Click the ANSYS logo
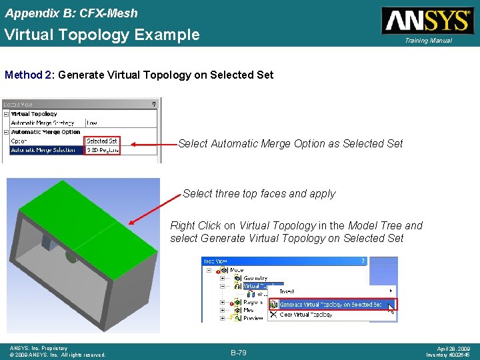point(426,20)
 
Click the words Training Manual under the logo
point(428,41)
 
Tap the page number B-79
point(239,352)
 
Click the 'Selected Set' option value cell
point(102,141)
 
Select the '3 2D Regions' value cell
point(102,150)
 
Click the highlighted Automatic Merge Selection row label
point(43,150)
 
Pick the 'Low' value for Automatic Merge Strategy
point(92,123)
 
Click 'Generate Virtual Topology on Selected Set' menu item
point(331,304)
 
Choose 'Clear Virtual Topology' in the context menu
point(306,314)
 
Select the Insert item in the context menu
point(287,291)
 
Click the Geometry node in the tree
point(255,278)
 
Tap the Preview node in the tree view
point(254,318)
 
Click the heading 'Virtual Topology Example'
point(102,35)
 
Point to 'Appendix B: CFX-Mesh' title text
point(71,13)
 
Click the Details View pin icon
point(154,103)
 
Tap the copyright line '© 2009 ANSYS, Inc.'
point(57,355)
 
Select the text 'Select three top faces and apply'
point(259,193)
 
